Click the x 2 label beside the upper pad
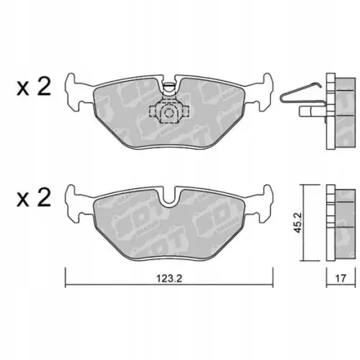point(32,88)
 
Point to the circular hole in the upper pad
point(168,112)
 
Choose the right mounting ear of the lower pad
point(264,202)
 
